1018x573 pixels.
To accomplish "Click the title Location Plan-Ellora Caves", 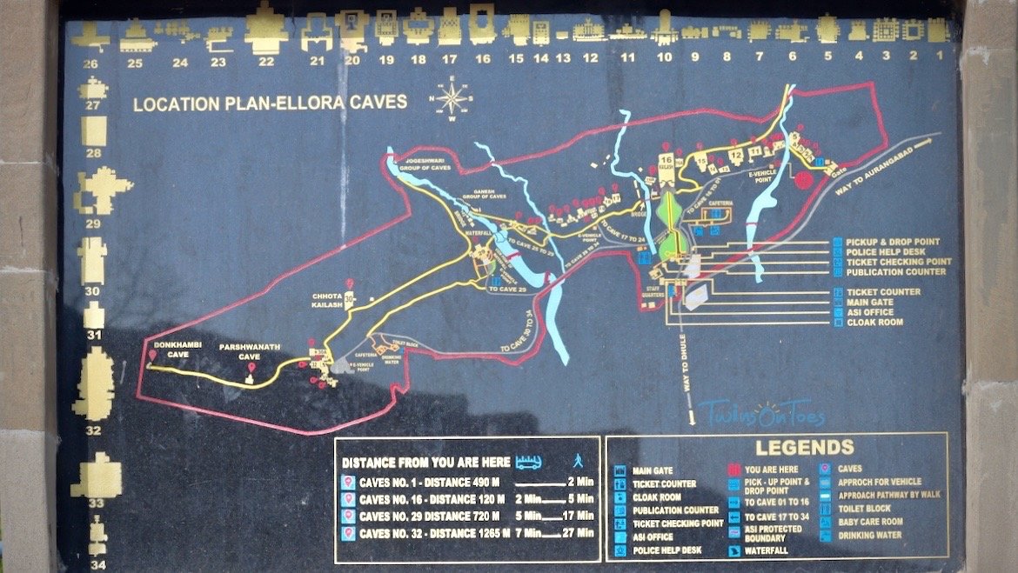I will coord(270,103).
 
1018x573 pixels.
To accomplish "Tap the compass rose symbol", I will coord(452,97).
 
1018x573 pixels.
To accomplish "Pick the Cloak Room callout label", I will coord(874,323).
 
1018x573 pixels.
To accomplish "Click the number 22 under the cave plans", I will coord(266,62).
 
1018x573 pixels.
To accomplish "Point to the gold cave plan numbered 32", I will coord(94,383).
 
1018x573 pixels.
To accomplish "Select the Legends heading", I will coord(804,448).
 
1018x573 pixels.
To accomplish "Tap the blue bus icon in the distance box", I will coord(529,463).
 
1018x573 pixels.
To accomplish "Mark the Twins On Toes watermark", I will coord(760,412).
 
